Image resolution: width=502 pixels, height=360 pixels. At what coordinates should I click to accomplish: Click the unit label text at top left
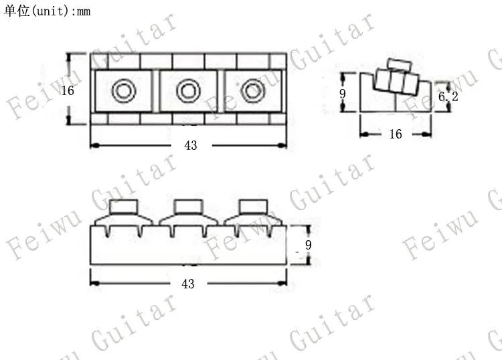(47, 11)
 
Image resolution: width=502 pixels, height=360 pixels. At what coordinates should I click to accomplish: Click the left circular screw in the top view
(124, 91)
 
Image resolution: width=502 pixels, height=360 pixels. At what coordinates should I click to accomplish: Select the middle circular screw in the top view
(188, 91)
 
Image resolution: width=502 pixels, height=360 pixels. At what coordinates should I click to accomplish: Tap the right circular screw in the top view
(253, 91)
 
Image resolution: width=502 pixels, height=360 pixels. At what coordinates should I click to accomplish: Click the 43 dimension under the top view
(191, 146)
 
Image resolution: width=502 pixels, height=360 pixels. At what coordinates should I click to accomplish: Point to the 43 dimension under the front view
(187, 284)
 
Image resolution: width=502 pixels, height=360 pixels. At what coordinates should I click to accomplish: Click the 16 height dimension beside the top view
(68, 90)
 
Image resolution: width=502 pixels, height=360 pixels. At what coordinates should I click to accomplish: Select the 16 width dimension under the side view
(396, 134)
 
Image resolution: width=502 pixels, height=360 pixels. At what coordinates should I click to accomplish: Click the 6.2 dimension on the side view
(448, 96)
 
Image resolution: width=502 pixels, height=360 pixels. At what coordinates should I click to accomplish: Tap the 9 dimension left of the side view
(343, 94)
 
